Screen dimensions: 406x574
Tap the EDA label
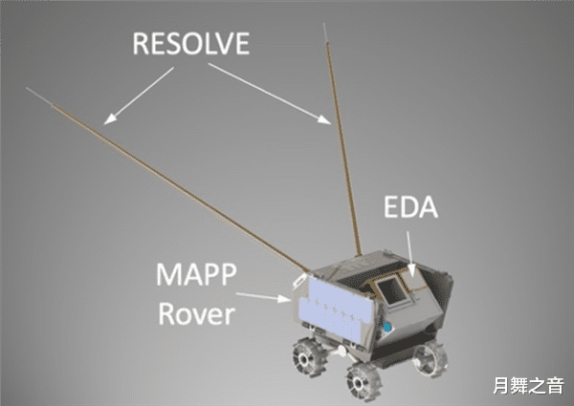pyautogui.click(x=412, y=208)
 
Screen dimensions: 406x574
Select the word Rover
pyautogui.click(x=197, y=313)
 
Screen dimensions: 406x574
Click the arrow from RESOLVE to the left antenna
pyautogui.click(x=128, y=101)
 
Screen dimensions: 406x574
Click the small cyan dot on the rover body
pyautogui.click(x=388, y=327)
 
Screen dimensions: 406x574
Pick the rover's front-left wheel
pyautogui.click(x=311, y=355)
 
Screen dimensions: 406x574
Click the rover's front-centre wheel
pyautogui.click(x=365, y=379)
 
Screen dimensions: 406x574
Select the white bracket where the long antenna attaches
pyautogui.click(x=298, y=278)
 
